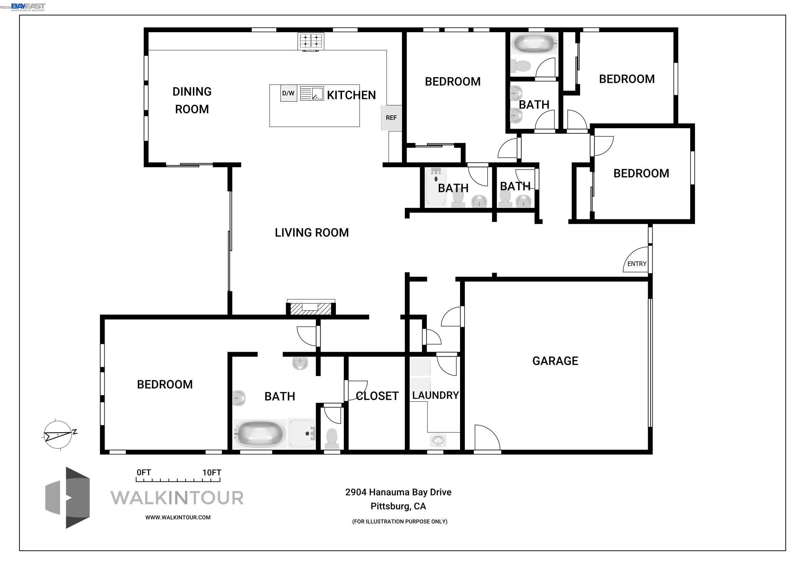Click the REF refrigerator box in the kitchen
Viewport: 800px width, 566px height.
pos(391,118)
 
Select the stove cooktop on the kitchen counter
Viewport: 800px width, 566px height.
pos(311,41)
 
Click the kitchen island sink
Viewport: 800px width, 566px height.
pos(312,93)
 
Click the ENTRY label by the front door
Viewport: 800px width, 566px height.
pos(637,264)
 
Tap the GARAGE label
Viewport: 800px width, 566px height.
pos(555,361)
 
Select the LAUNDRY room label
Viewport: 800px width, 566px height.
pos(435,395)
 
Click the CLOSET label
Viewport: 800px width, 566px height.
pos(377,396)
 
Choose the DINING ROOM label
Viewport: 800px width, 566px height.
pos(192,100)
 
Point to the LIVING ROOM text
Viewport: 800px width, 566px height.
pos(312,232)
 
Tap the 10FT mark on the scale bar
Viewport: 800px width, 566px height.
pos(212,473)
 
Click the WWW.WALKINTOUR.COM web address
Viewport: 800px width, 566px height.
pos(178,517)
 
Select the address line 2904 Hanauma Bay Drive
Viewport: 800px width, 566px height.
pos(398,492)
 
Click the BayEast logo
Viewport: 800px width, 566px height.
pos(28,7)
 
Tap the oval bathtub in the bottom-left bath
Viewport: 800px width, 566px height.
pos(260,434)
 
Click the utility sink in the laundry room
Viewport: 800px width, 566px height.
pos(438,440)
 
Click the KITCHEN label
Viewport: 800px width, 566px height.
pos(351,95)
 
